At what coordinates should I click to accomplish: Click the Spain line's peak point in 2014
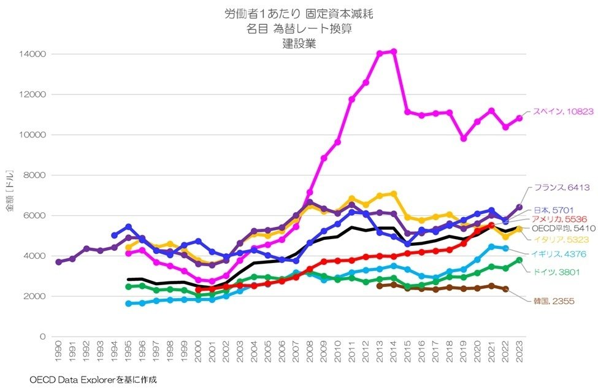pos(394,51)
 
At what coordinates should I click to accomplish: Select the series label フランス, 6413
pos(560,188)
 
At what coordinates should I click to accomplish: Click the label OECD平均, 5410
pos(560,229)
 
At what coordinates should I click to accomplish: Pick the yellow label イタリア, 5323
pos(557,240)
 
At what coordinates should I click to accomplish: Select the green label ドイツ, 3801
pos(554,272)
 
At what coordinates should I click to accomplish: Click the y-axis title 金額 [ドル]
pos(10,195)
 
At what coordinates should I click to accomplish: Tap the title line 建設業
pos(299,44)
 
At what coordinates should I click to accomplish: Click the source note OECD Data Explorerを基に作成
pos(93,380)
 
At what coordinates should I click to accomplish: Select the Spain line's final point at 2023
pos(519,118)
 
